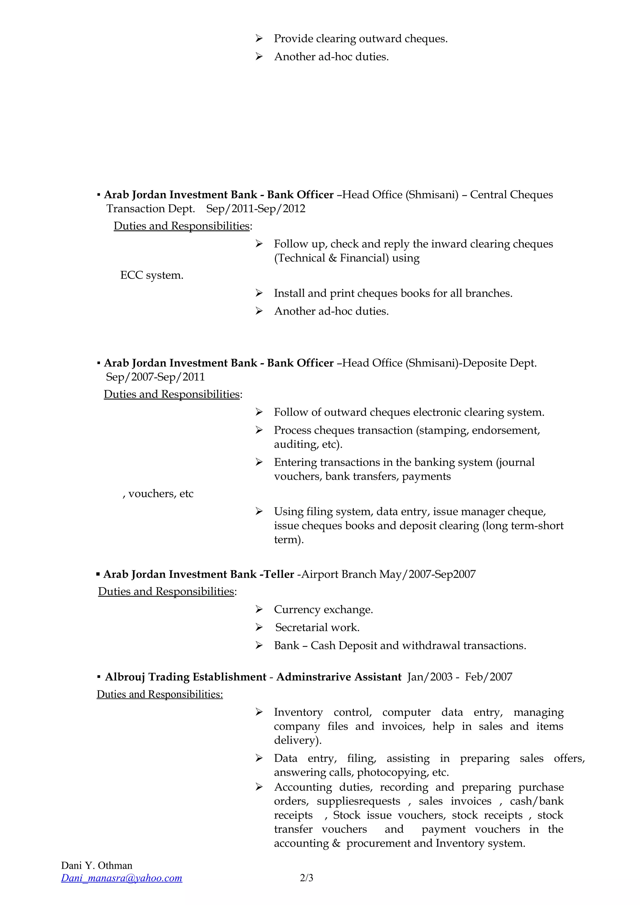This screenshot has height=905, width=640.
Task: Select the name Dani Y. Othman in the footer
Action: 97,865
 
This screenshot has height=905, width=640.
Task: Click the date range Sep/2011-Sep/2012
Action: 256,209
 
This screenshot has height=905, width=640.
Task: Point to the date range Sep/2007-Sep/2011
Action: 155,377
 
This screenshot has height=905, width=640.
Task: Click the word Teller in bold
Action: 279,574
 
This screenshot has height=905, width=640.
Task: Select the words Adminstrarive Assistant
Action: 339,677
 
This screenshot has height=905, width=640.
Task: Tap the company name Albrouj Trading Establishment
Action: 186,677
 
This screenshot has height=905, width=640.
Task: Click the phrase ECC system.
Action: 152,275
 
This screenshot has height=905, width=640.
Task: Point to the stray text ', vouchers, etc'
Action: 158,493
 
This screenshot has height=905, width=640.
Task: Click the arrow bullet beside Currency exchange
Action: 259,609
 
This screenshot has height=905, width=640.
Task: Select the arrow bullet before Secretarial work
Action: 259,627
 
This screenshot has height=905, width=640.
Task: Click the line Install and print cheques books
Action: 393,293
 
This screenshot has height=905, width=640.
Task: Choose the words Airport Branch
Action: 339,574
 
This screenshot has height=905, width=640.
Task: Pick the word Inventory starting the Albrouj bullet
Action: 298,712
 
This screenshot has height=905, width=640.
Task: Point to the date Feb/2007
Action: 488,677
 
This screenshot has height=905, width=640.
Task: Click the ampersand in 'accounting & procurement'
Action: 336,843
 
